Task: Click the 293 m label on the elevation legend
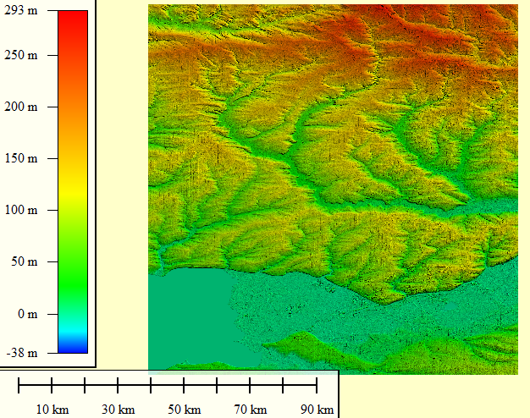(21, 11)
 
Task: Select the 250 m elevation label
(21, 56)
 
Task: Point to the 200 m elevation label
(21, 107)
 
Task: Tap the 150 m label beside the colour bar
(21, 159)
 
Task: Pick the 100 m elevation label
(21, 211)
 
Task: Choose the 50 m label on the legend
(24, 262)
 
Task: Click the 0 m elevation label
(27, 314)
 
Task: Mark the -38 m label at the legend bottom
(21, 353)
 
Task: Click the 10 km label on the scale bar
(52, 410)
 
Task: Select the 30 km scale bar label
(119, 410)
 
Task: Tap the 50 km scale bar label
(185, 410)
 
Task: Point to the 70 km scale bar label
(251, 410)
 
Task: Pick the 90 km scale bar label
(317, 410)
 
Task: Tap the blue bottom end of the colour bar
(73, 348)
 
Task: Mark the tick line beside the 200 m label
(49, 107)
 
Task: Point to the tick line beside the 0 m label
(49, 314)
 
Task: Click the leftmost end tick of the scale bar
(19, 386)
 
